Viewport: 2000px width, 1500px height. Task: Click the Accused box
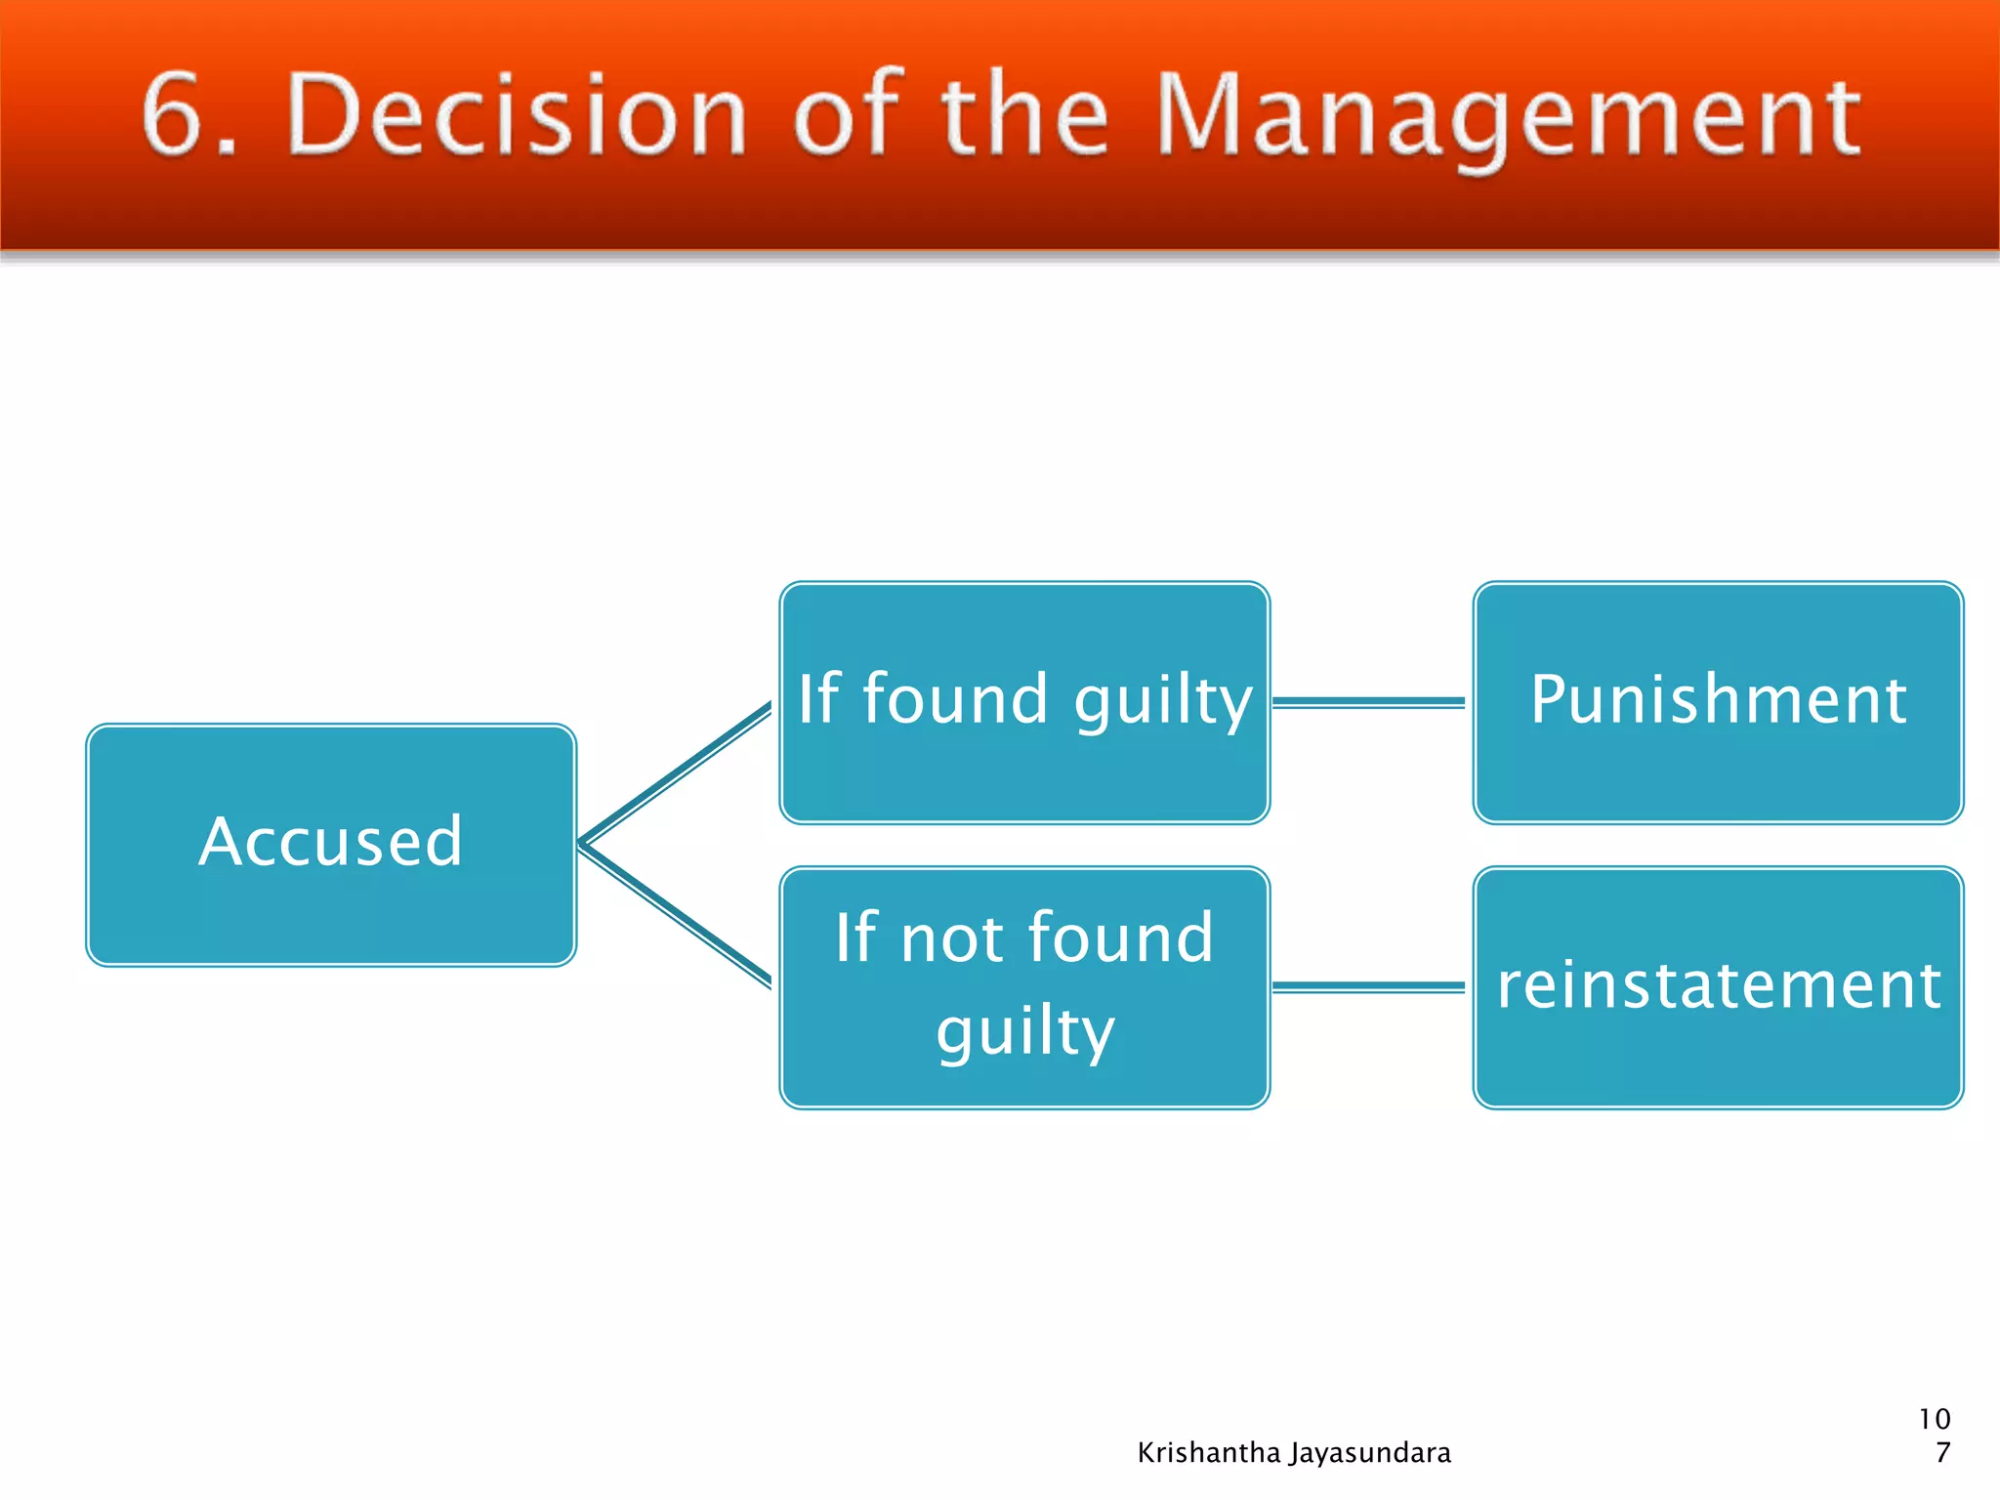point(331,845)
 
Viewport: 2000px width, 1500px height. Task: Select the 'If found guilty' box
point(1024,702)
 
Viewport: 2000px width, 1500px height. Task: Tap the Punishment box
point(1718,702)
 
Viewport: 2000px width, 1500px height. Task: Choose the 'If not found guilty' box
point(1024,987)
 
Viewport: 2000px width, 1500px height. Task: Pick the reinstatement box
point(1718,987)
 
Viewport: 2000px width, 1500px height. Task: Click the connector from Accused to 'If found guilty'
point(676,773)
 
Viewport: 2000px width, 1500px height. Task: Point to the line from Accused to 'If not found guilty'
point(676,915)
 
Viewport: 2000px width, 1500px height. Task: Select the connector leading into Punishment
point(1369,702)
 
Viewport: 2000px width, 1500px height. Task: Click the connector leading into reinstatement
point(1369,987)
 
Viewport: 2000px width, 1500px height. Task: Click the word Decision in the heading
point(518,115)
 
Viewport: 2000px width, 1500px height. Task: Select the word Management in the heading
point(1509,119)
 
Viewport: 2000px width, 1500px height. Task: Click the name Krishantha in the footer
point(1208,1453)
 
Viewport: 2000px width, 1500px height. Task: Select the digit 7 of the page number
point(1942,1453)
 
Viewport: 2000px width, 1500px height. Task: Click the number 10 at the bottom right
point(1935,1419)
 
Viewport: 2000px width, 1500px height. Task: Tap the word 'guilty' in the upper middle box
point(1163,702)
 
